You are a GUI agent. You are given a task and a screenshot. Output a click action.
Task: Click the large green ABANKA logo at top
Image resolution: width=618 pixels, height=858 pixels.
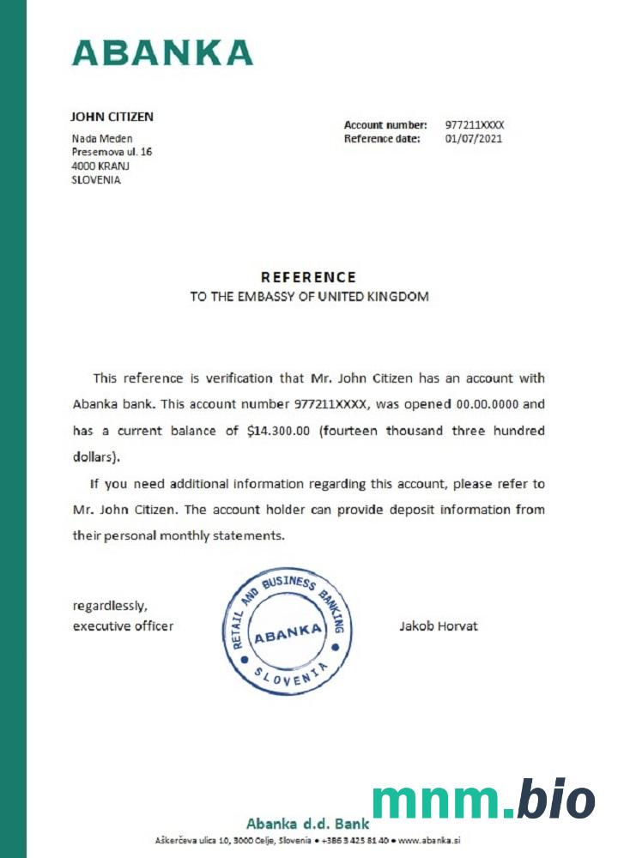pos(162,52)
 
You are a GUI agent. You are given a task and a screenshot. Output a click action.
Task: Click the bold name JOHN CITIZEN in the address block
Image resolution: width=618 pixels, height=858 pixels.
pos(112,117)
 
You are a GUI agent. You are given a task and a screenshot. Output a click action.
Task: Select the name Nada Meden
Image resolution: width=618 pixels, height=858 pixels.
pos(101,138)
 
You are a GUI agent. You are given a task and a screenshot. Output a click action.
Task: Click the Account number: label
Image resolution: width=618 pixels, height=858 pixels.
pos(385,125)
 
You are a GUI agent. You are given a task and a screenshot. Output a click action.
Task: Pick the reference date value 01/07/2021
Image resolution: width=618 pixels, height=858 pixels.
pos(474,138)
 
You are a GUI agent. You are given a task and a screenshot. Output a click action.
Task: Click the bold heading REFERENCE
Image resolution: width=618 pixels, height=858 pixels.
pos(308,277)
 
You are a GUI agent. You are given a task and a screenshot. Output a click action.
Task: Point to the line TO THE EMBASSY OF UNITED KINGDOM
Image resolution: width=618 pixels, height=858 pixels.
pos(309,297)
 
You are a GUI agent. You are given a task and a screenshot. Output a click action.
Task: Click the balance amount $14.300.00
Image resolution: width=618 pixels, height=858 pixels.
pos(278,431)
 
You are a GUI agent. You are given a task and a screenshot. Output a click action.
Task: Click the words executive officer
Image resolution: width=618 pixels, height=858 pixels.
pos(123,625)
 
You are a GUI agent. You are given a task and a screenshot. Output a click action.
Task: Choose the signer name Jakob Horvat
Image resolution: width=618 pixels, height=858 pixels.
pos(439,625)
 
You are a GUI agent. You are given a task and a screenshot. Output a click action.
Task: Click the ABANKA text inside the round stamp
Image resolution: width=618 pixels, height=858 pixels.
pos(288,636)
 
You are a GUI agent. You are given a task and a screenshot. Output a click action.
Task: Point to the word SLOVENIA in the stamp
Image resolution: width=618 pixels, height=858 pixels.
pos(287,678)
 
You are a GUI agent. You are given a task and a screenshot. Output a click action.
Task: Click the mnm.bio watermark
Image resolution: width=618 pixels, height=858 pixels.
pos(483,801)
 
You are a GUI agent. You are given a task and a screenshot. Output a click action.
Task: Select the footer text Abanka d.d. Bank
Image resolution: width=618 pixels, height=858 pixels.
pos(307,823)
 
